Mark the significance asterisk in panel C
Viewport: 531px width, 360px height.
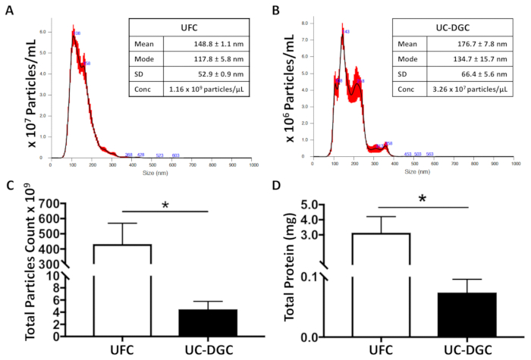point(165,205)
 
